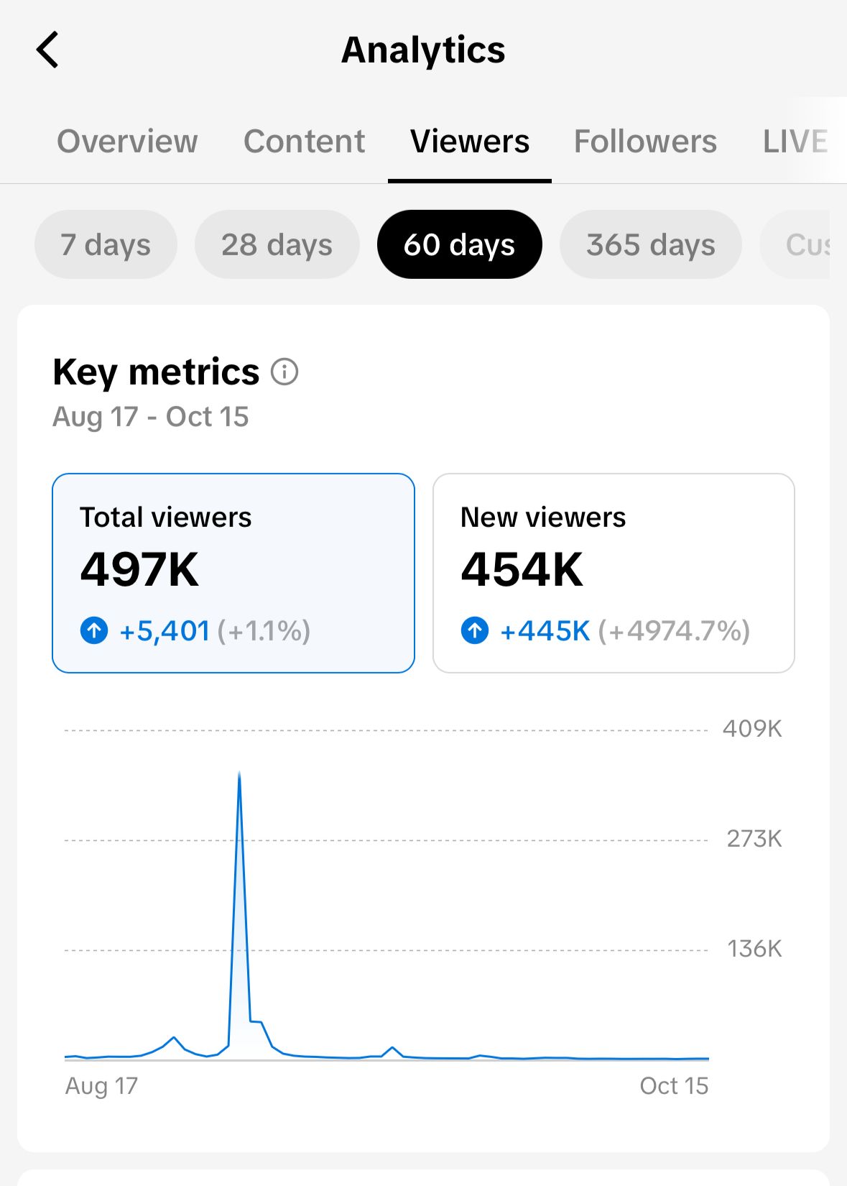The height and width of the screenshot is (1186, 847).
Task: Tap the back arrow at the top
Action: [x=47, y=50]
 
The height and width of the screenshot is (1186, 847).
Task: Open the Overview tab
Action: [x=127, y=141]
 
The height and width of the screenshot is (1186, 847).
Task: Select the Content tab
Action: [x=304, y=141]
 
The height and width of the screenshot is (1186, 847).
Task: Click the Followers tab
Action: [x=645, y=141]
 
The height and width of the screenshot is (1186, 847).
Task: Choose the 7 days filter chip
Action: [x=106, y=244]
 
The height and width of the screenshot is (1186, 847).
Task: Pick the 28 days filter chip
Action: [x=277, y=244]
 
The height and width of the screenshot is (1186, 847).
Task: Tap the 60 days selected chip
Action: [x=459, y=244]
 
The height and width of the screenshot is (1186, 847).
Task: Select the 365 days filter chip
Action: [x=650, y=244]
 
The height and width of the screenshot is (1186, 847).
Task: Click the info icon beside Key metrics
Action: [x=284, y=372]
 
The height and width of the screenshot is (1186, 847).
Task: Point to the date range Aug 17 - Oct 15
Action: [x=151, y=417]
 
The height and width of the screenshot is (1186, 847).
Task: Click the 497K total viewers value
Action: [x=139, y=570]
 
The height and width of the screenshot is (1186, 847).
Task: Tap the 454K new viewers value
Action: [x=522, y=570]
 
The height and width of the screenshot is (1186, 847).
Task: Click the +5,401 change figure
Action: [x=165, y=631]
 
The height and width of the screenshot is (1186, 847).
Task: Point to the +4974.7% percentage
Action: [x=674, y=631]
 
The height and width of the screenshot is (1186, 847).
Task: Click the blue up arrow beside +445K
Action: [x=475, y=631]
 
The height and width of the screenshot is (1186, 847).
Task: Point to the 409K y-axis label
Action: [x=752, y=729]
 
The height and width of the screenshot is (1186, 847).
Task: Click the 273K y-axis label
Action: [x=754, y=839]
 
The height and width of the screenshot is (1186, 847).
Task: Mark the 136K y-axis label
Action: [x=754, y=949]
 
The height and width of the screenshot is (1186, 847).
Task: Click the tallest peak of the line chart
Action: [x=239, y=773]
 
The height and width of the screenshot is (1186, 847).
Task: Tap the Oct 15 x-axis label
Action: [x=674, y=1085]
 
